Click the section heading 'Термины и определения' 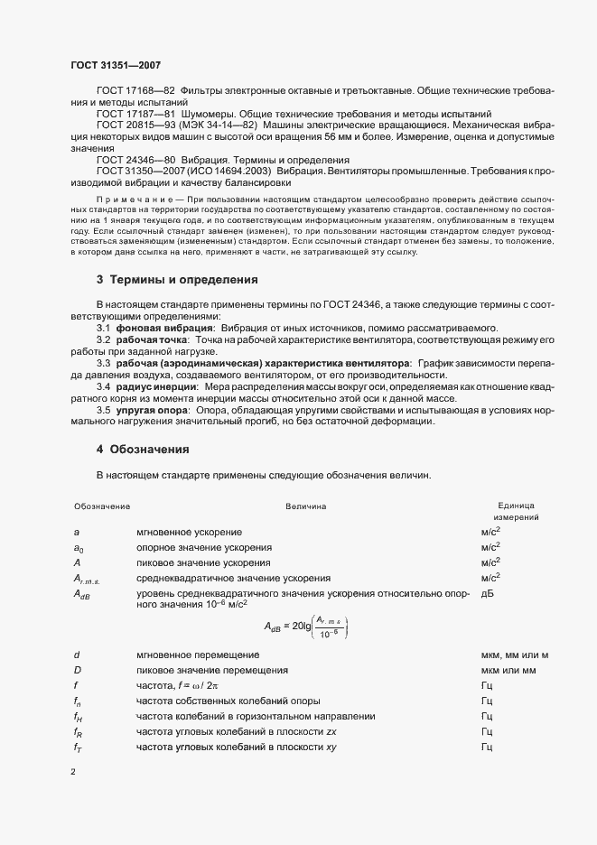182,279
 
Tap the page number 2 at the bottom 73,772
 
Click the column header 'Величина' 306,506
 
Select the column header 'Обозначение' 102,506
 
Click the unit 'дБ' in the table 488,593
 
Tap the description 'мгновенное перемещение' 198,654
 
